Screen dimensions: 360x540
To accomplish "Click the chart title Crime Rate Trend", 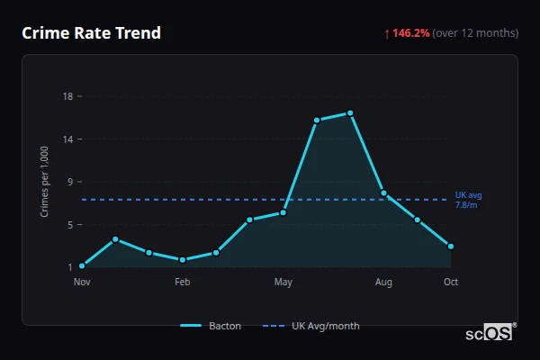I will coord(91,33).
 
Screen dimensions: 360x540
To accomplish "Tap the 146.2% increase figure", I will coord(411,33).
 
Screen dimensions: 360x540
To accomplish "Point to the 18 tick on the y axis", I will coord(67,96).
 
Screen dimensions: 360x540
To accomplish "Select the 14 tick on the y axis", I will coord(67,139).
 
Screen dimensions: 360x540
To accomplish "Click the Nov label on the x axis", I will coord(82,283).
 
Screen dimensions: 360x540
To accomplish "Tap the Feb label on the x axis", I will coord(183,283).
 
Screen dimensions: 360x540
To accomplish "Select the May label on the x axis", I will coord(283,283).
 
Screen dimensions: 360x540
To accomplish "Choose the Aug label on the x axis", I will coord(384,283).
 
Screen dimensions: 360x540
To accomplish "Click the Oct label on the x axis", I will coord(451,283).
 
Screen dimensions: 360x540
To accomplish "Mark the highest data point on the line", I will coord(350,112).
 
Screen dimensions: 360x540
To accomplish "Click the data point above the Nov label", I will coord(82,265).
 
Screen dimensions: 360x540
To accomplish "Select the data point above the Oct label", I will coord(451,246).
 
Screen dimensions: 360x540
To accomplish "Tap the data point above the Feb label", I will coord(183,259).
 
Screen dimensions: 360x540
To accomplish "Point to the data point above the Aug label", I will coord(384,193).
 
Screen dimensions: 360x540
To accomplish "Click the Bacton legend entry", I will coord(211,326).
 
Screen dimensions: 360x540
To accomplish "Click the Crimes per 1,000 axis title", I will coord(44,182).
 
